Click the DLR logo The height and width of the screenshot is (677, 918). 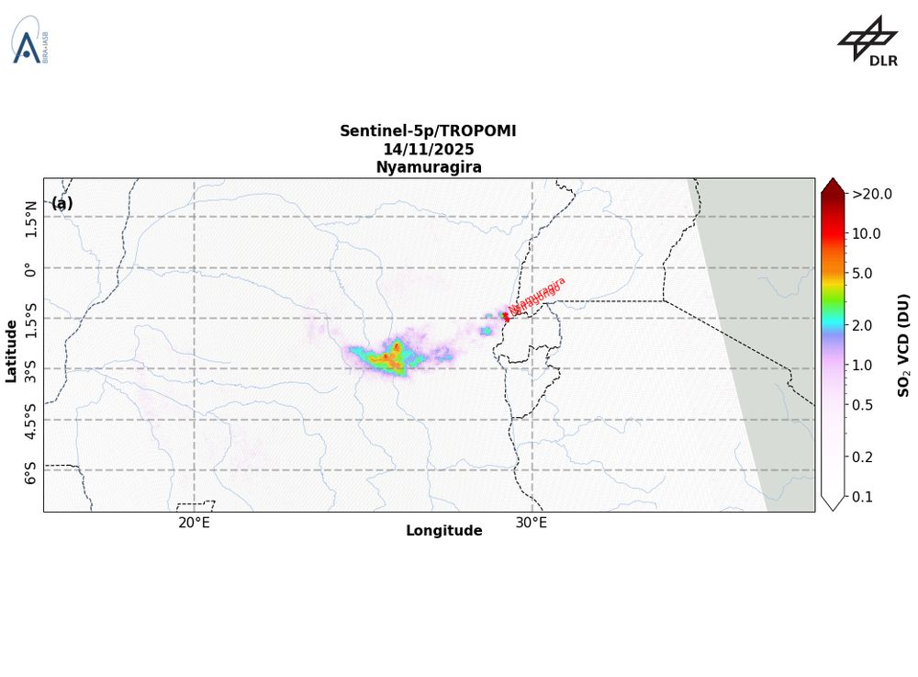868,41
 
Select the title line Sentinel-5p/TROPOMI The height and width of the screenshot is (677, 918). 428,131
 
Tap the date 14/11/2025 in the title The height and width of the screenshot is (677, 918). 428,149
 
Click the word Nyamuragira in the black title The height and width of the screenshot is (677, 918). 428,167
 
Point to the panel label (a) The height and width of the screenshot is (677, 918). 62,203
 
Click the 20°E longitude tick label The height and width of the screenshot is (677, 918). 194,524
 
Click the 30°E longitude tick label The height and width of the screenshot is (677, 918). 532,524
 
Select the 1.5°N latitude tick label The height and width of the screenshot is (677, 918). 32,219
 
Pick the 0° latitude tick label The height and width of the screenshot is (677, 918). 32,268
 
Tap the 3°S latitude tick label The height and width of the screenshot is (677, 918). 32,369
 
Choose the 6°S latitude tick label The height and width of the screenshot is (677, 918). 32,471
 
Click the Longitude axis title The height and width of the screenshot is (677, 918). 443,531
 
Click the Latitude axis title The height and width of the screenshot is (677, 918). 11,351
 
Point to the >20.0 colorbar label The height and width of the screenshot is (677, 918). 871,194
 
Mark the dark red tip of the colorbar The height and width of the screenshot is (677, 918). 832,186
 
